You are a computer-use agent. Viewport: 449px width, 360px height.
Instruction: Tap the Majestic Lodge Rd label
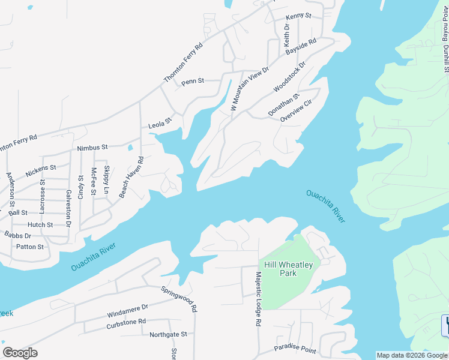(x=258, y=299)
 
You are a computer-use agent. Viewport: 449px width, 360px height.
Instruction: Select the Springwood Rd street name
(x=179, y=298)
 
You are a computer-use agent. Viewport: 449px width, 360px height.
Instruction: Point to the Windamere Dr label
(x=127, y=311)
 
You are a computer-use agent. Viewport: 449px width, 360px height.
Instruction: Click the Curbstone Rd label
(x=126, y=322)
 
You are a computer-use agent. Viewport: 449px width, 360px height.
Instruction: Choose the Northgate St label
(x=168, y=334)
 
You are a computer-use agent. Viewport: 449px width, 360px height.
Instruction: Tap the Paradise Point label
(x=295, y=349)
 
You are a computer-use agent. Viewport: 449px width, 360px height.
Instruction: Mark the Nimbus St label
(x=92, y=147)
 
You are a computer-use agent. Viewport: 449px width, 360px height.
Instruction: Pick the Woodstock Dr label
(x=289, y=76)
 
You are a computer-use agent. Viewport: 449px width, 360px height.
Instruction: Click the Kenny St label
(x=298, y=16)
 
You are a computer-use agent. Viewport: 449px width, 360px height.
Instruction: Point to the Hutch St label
(x=41, y=225)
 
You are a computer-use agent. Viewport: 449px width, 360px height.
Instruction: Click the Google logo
(x=20, y=353)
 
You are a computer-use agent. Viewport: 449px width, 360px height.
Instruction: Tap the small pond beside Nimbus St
(x=130, y=146)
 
